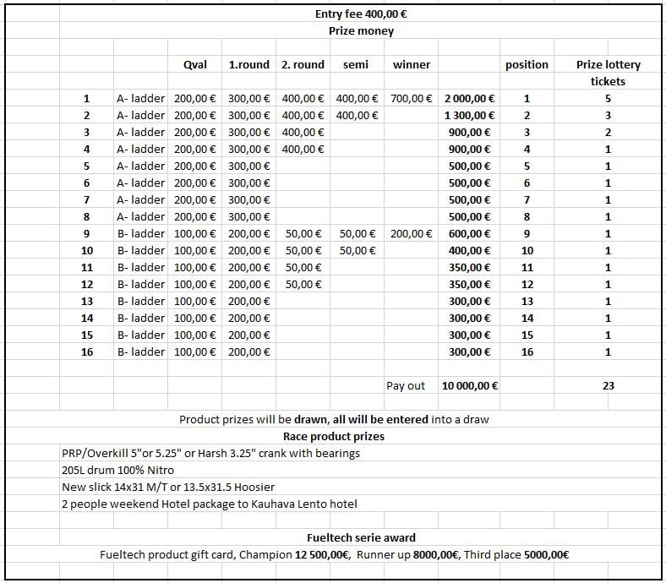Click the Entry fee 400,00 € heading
(361, 14)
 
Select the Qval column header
(195, 64)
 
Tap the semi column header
(356, 64)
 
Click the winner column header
(412, 64)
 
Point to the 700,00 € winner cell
(412, 99)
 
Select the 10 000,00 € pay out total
(469, 386)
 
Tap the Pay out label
(406, 386)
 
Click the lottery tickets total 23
(608, 386)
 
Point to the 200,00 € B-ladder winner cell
(412, 234)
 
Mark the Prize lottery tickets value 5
(608, 99)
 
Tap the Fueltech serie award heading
(361, 537)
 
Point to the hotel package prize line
(209, 504)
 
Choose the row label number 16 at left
(86, 352)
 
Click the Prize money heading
(361, 31)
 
